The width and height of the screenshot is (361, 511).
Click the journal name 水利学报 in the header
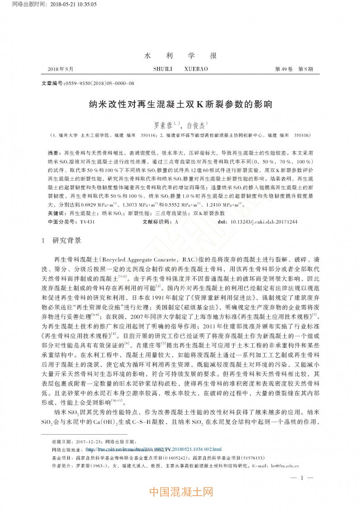(180, 56)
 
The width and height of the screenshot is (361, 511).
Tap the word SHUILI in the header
(165, 69)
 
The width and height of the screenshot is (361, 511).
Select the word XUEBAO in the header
(196, 69)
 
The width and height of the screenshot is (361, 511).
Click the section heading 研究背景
(67, 241)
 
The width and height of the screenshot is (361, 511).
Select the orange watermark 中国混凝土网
(180, 492)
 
